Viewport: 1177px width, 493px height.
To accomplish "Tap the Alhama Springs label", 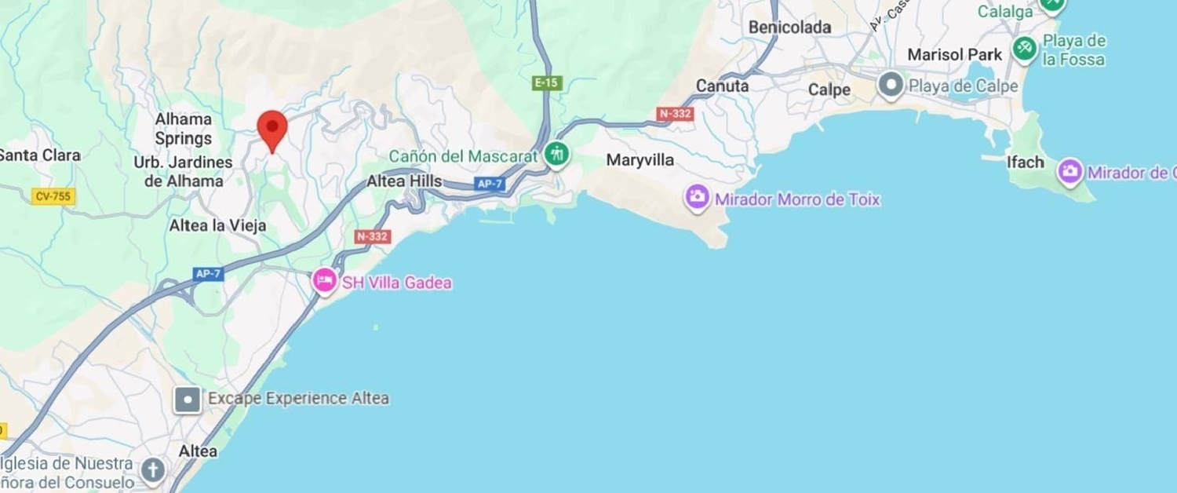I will (x=183, y=129).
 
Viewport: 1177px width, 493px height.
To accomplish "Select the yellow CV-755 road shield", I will (x=53, y=196).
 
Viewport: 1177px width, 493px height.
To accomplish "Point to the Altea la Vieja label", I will (x=218, y=225).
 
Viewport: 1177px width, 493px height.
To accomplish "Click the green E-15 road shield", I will (x=547, y=82).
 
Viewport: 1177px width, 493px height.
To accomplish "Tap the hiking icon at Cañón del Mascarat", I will (x=558, y=154).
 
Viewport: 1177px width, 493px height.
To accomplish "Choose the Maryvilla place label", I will (x=640, y=160).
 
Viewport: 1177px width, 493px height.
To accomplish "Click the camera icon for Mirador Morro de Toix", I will (x=697, y=197).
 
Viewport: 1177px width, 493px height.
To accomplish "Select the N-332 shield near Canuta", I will (x=675, y=114).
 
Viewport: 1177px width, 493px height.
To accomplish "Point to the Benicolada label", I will (x=789, y=27).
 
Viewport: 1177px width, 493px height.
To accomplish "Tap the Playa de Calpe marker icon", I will (x=891, y=86).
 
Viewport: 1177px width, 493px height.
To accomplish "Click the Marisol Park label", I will (x=955, y=55).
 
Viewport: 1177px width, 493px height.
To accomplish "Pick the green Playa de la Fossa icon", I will (x=1024, y=49).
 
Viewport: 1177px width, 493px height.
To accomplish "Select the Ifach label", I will (x=1026, y=163).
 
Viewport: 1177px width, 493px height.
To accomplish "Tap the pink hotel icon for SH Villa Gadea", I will (x=325, y=280).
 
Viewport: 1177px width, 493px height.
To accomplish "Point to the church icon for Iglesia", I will (x=152, y=471).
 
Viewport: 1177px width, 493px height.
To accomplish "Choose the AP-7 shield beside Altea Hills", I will (x=488, y=184).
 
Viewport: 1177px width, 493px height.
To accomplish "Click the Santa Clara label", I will (x=39, y=155).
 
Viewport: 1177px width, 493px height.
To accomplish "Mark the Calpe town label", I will (x=829, y=89).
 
